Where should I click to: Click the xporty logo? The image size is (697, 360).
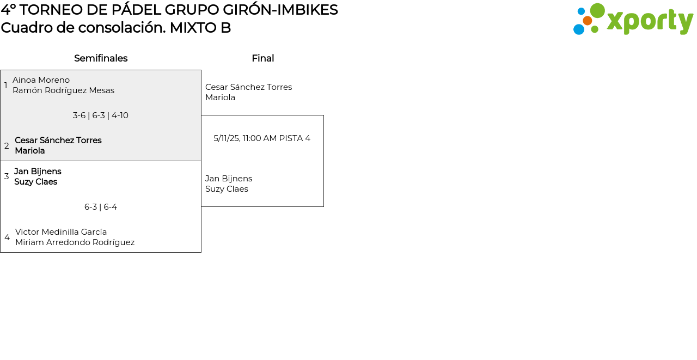click(x=633, y=20)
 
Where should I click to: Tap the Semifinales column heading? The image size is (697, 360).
click(x=101, y=58)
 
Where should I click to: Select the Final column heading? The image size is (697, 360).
click(x=262, y=58)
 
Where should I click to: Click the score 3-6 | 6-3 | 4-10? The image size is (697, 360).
click(x=101, y=115)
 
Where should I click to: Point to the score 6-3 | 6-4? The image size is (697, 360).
click(x=101, y=207)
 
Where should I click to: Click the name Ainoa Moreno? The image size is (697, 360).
click(x=41, y=80)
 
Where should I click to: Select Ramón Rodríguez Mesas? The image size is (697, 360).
click(x=63, y=90)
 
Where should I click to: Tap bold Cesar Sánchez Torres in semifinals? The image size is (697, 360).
click(x=58, y=141)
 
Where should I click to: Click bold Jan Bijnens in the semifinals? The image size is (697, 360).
click(x=38, y=172)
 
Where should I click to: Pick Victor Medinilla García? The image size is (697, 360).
click(x=61, y=232)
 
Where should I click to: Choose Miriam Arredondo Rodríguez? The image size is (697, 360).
click(x=75, y=242)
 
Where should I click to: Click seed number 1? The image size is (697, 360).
click(x=6, y=86)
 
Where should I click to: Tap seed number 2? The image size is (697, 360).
click(x=7, y=146)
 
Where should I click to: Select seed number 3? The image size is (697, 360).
click(x=7, y=176)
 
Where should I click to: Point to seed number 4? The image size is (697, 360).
click(x=7, y=237)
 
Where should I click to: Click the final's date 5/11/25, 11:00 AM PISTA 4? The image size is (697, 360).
click(x=262, y=138)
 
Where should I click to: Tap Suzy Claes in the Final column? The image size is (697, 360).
click(x=227, y=189)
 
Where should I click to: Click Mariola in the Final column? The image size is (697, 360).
click(x=220, y=97)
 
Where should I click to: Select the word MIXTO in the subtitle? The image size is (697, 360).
click(x=193, y=28)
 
